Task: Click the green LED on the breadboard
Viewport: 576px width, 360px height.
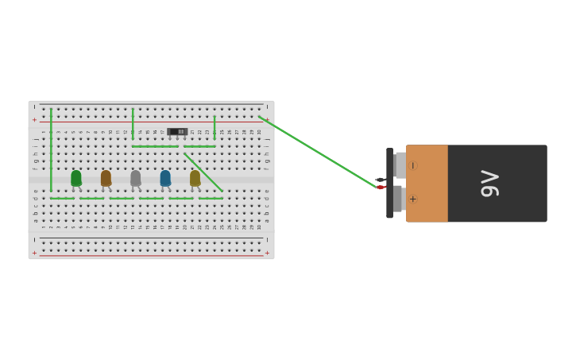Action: (x=75, y=178)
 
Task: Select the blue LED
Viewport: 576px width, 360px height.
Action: (x=165, y=178)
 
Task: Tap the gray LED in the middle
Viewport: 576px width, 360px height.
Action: (x=135, y=178)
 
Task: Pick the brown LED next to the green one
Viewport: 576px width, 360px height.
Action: (x=106, y=178)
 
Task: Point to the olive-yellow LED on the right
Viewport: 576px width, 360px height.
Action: (x=195, y=178)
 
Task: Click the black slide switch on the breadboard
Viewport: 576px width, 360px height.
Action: (x=177, y=131)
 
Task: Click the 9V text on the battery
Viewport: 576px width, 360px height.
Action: (x=489, y=184)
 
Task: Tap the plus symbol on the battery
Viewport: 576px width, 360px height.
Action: (x=412, y=199)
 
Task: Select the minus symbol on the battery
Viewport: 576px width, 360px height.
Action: (x=412, y=165)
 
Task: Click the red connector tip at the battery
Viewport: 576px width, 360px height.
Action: (x=381, y=188)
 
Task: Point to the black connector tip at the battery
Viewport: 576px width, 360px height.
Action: (x=380, y=180)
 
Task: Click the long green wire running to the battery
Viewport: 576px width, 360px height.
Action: (x=318, y=152)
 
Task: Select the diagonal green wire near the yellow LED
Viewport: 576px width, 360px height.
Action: (x=203, y=172)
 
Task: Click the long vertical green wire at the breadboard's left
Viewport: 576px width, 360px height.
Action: (x=51, y=151)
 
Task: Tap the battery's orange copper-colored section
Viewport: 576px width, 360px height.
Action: (x=427, y=183)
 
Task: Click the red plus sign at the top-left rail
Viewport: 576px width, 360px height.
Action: (x=34, y=120)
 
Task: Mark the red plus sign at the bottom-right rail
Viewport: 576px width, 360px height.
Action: (x=267, y=253)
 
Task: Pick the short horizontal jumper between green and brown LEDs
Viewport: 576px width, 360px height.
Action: (x=91, y=198)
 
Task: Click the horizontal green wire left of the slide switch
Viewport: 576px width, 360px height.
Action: (x=155, y=146)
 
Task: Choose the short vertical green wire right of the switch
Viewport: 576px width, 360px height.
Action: (x=215, y=127)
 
